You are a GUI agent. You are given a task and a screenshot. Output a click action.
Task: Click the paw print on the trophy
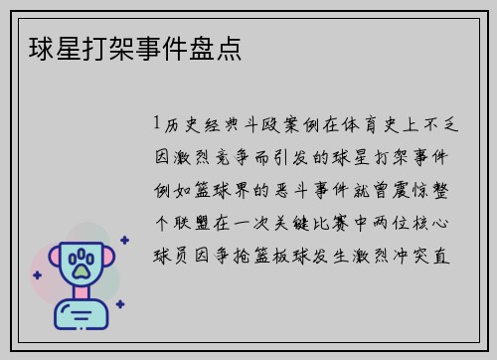80,264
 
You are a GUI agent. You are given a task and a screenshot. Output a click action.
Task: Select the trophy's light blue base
80,313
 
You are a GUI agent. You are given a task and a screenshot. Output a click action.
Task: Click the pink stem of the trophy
80,291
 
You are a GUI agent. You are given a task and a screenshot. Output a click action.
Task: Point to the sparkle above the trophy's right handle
123,240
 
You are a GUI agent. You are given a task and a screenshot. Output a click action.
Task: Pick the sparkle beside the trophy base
119,304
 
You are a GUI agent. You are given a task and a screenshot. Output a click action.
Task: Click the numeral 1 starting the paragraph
157,124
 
